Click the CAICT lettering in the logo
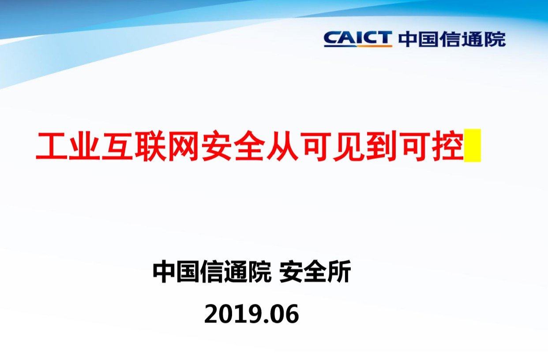point(358,38)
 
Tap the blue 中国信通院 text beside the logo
point(452,39)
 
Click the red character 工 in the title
point(51,146)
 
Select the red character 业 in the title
point(84,146)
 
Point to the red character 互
point(117,146)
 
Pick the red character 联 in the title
point(150,146)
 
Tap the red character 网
point(184,146)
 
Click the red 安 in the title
point(217,146)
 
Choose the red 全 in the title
point(250,146)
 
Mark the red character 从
point(282,146)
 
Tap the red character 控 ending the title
point(448,146)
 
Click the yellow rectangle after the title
point(473,146)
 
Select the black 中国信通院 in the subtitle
point(212,271)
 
